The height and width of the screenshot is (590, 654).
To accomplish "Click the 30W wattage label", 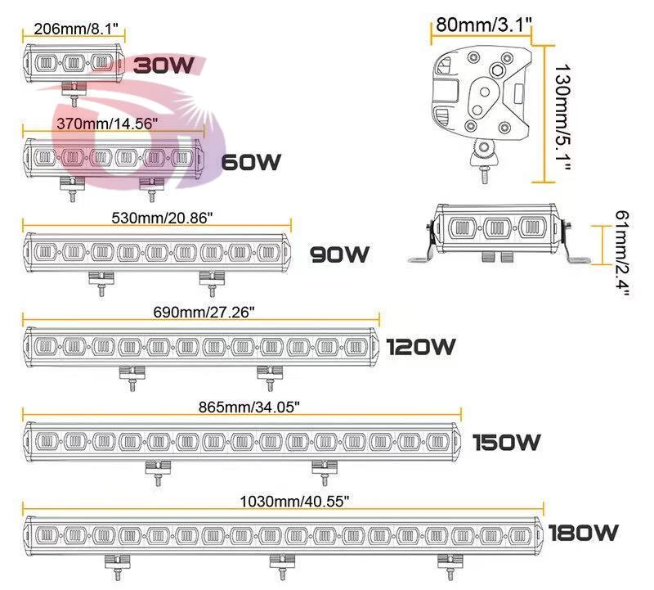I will pos(163,65).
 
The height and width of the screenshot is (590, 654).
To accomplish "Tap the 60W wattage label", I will pos(252,162).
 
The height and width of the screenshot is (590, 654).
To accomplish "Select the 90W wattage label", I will pos(340,255).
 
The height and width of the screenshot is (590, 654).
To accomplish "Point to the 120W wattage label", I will pos(422,348).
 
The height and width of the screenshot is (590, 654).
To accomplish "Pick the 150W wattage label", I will pos(507,443).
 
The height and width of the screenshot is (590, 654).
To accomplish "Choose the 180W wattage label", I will pos(583,534).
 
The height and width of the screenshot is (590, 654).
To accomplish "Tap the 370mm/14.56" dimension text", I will pos(106,123).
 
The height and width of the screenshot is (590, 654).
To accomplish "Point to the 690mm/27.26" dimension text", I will pos(204,312).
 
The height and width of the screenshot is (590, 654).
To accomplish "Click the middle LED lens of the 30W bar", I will pos(75,62).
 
